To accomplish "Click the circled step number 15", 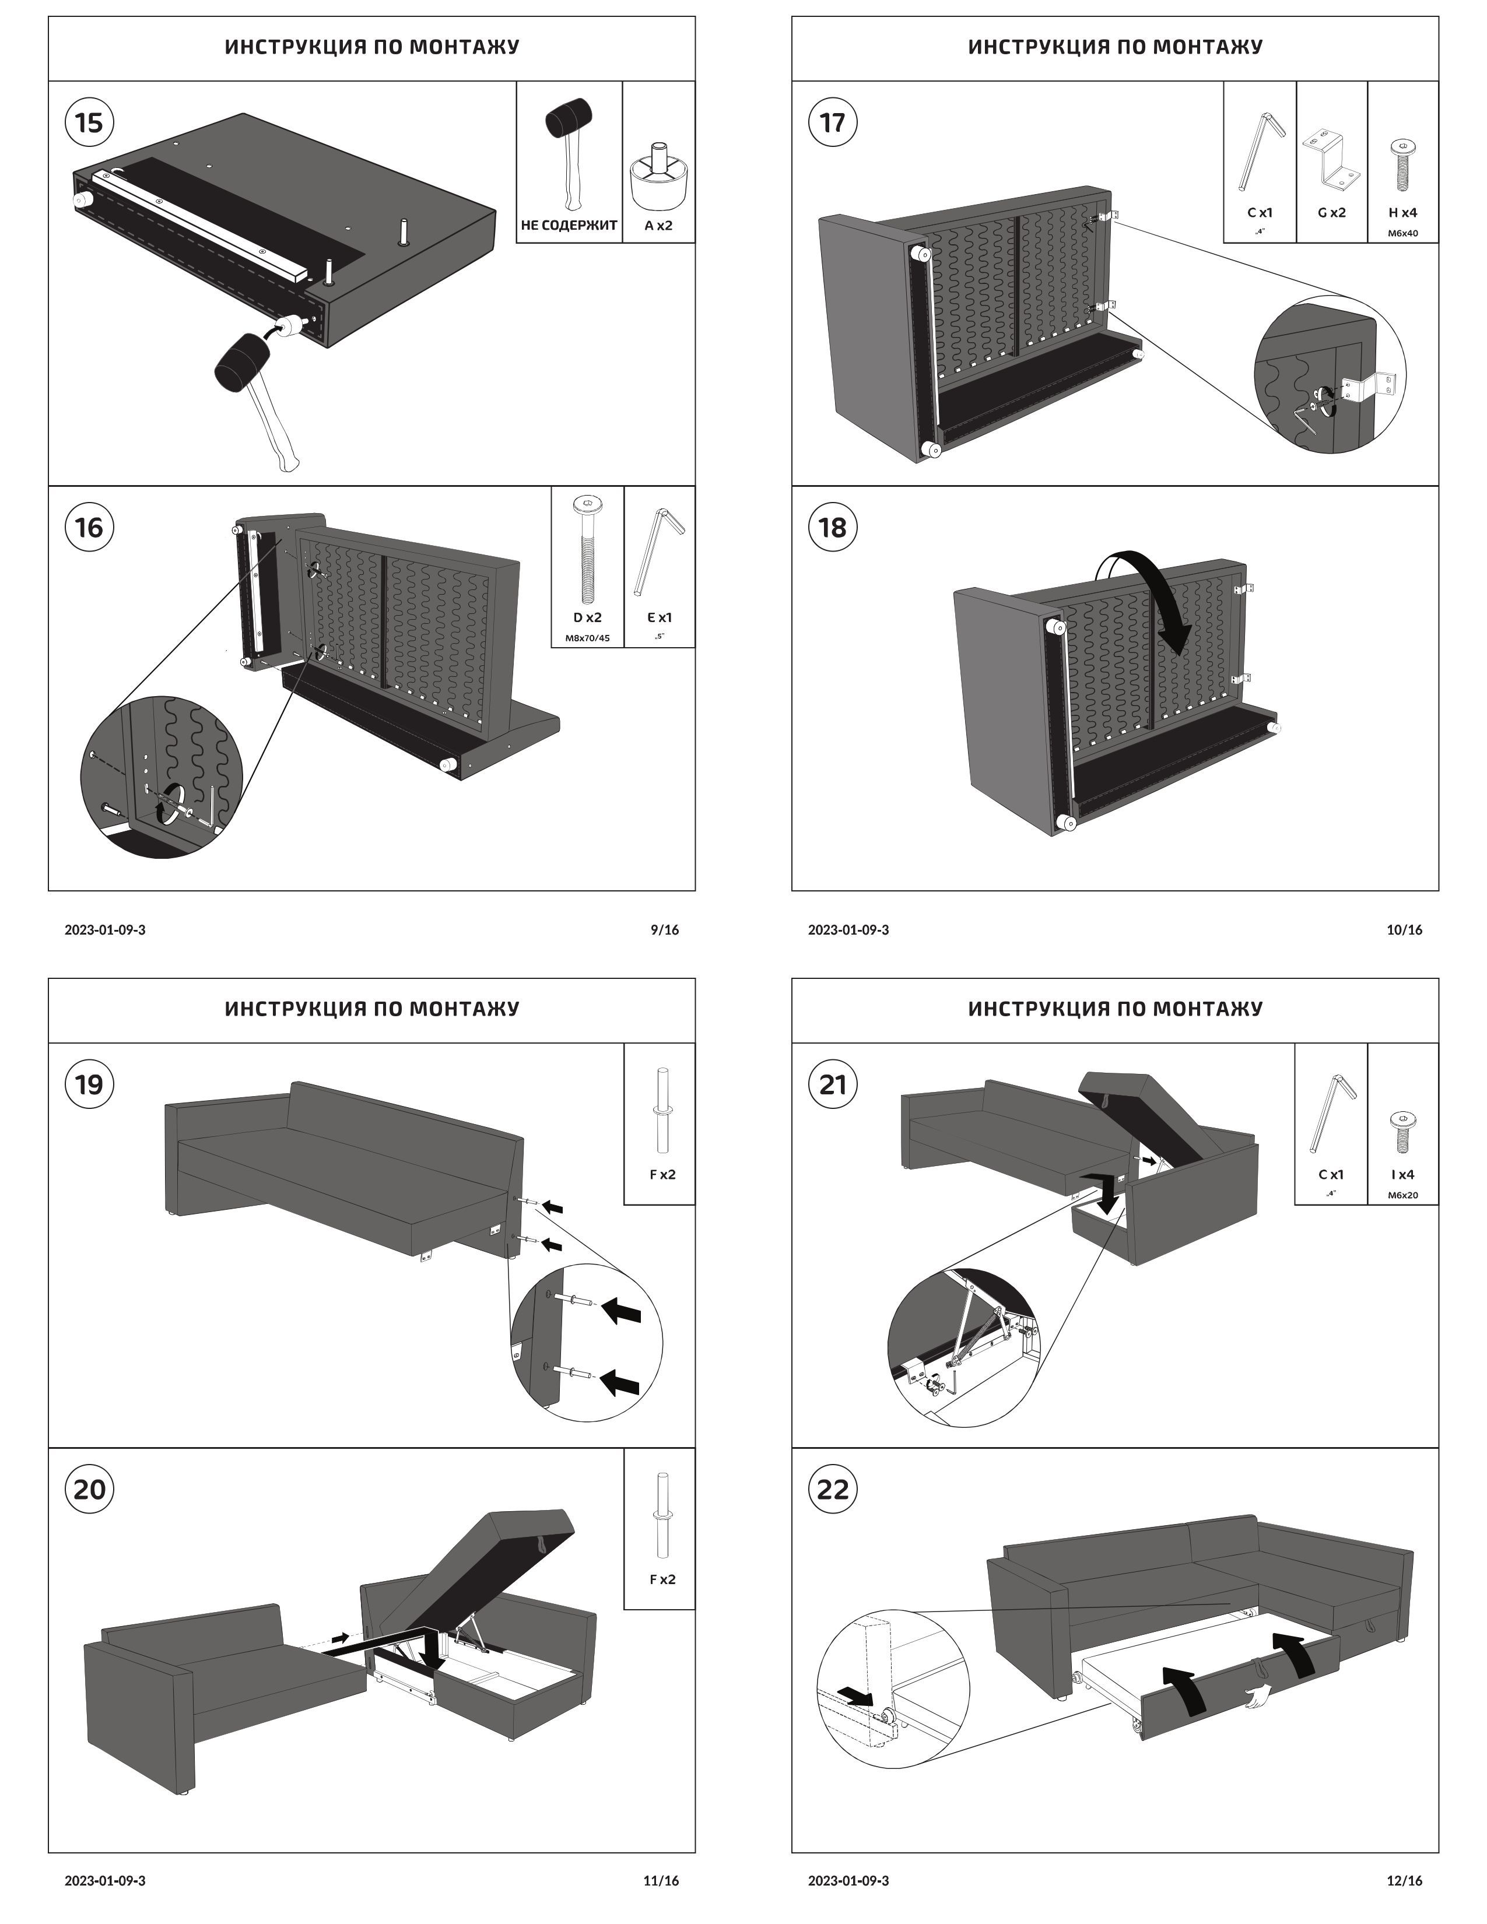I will pos(89,122).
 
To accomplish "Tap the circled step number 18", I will pos(833,527).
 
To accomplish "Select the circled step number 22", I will pos(833,1489).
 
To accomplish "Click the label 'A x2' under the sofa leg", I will pos(658,226).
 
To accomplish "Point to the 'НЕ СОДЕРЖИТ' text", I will pos(569,226).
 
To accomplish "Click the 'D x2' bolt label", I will pos(588,617).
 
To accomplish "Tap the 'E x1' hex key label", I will pos(659,617).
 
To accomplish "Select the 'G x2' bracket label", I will pos(1331,212).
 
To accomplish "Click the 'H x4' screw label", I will pos(1402,212).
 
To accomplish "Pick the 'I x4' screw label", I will pos(1402,1174).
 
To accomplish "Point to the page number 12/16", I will pos(1404,1891).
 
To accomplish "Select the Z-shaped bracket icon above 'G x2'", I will pos(1330,159).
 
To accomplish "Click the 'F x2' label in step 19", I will pos(662,1174).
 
